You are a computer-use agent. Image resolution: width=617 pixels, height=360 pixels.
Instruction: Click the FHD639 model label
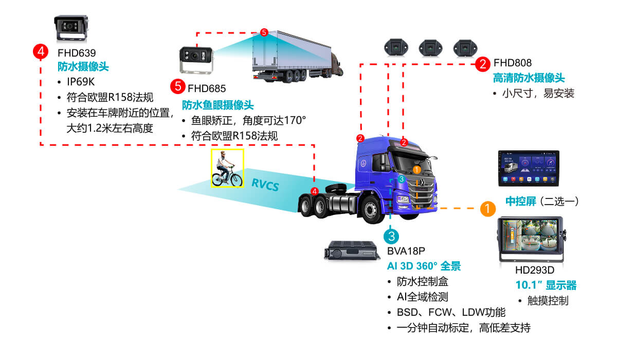point(77,52)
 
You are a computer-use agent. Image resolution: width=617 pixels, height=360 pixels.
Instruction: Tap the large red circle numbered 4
point(40,51)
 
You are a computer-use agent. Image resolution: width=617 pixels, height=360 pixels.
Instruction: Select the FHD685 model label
point(207,88)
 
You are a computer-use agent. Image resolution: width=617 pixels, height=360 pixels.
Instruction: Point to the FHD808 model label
point(513,64)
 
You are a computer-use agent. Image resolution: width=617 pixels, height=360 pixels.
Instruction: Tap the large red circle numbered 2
point(482,64)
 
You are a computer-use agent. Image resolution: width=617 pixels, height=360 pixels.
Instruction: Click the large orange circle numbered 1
point(487,208)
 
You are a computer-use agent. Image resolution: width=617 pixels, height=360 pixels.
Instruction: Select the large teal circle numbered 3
point(391,236)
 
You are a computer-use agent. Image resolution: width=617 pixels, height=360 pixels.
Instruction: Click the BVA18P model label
point(406,251)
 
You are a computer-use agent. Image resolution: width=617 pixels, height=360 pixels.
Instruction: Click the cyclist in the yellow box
point(227,169)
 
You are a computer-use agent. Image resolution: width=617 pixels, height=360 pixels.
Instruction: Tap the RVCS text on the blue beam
point(265,185)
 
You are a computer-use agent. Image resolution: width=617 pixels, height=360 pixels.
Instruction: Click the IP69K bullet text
point(81,82)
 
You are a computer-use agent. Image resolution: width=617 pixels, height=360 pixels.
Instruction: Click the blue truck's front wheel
point(374,210)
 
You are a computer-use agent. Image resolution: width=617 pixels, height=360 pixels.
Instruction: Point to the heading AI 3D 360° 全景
point(424,266)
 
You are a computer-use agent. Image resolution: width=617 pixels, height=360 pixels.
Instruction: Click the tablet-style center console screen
point(528,169)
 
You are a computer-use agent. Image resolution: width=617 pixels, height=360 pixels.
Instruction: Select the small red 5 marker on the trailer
point(264,32)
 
